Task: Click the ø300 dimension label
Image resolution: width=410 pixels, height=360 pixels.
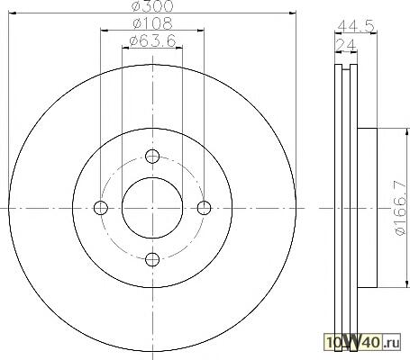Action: [152, 6]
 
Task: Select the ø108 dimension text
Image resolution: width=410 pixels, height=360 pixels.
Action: [152, 23]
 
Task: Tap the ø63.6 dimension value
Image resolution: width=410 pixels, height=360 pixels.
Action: [152, 41]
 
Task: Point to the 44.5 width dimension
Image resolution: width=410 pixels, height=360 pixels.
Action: [356, 26]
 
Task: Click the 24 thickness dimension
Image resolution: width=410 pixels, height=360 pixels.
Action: [345, 45]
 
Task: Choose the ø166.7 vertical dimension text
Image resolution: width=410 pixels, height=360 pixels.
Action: [400, 208]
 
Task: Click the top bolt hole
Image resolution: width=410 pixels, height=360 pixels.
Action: [152, 157]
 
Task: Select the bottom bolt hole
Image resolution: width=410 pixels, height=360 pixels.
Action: [152, 259]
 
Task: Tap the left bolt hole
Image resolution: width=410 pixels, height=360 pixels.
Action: [101, 208]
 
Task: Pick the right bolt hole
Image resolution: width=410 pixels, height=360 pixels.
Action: [205, 208]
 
